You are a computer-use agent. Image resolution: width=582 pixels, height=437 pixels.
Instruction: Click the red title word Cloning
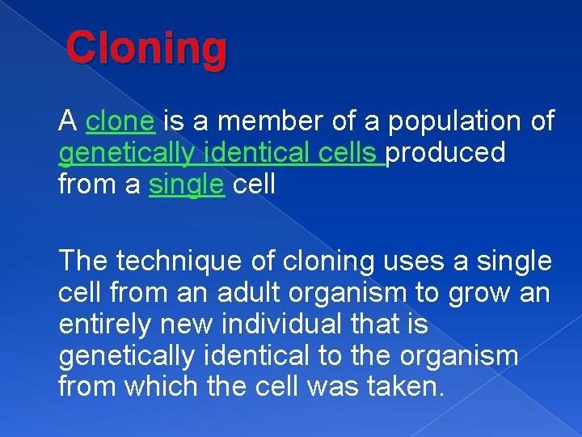[x=146, y=49]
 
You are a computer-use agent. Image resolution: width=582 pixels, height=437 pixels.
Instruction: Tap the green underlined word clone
[x=120, y=121]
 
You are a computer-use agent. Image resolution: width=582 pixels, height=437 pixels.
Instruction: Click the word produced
[x=445, y=153]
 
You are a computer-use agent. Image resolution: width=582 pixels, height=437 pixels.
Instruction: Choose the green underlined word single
[x=186, y=185]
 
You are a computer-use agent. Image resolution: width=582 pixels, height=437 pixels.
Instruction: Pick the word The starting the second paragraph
[x=83, y=261]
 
